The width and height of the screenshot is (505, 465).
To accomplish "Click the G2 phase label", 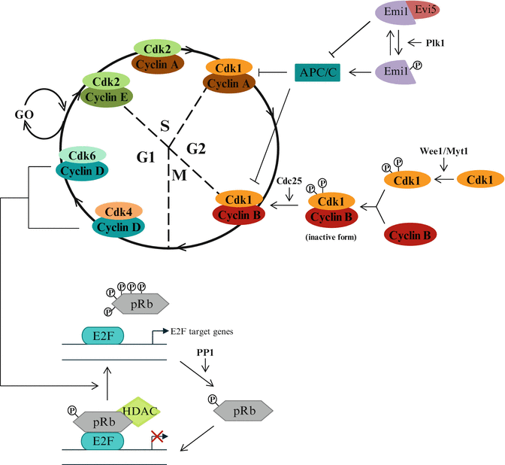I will click(x=196, y=149).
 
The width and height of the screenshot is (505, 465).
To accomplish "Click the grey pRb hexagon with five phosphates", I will click(x=141, y=302).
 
